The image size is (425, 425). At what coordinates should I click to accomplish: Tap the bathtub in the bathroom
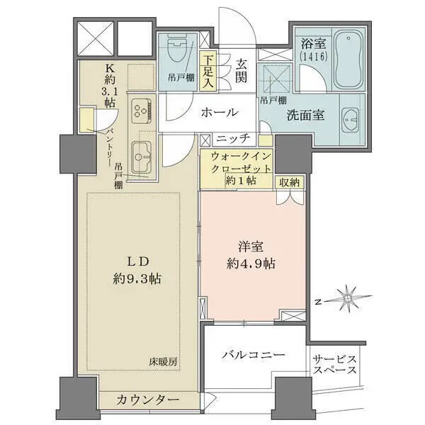(348, 58)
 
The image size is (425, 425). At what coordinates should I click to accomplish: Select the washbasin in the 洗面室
(350, 120)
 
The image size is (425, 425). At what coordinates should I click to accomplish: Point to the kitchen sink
(141, 157)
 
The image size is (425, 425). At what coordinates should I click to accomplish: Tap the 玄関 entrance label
(241, 71)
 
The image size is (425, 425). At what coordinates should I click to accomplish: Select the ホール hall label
(220, 112)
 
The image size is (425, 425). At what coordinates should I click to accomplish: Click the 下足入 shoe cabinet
(208, 71)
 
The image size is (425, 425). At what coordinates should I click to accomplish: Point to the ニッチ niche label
(233, 139)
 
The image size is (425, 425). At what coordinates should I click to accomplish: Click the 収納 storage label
(289, 183)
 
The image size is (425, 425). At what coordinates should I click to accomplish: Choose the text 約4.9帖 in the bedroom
(251, 263)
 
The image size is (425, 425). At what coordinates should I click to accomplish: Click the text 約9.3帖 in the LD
(137, 278)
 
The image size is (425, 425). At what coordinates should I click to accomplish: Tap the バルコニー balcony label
(254, 355)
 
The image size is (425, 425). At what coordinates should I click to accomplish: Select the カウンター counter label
(148, 399)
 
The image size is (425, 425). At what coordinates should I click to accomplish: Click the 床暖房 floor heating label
(164, 361)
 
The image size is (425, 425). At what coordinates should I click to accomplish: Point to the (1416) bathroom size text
(314, 57)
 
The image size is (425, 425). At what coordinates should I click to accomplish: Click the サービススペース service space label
(334, 365)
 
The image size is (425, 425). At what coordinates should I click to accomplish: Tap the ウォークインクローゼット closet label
(241, 163)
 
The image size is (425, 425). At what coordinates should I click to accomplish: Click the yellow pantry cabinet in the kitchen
(86, 120)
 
